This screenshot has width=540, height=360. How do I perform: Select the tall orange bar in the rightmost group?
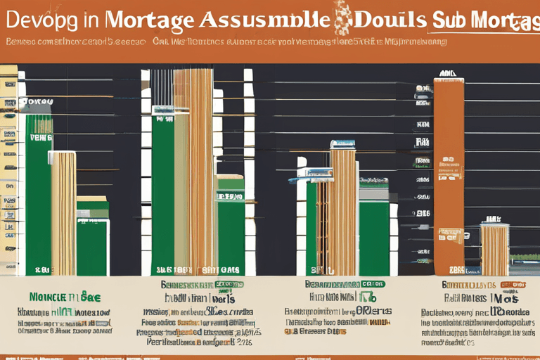point(449,155)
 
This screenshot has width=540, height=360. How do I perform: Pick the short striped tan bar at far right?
point(495,249)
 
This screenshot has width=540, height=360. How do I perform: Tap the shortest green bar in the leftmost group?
point(92,246)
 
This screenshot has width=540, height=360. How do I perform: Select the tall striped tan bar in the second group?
point(193,169)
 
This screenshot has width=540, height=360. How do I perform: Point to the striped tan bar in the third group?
point(342,211)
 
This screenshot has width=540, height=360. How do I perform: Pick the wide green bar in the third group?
point(374,236)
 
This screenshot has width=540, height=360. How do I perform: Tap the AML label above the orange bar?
point(447,73)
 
